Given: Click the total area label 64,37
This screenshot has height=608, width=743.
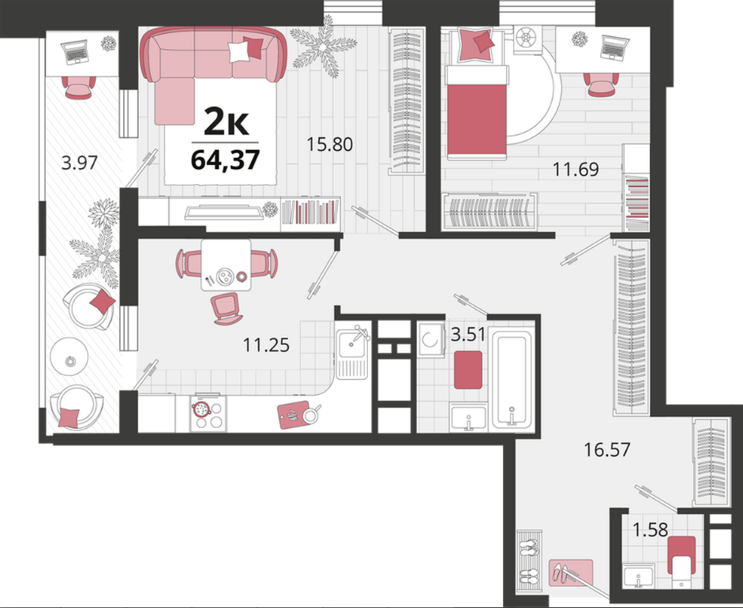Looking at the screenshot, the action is (x=225, y=160).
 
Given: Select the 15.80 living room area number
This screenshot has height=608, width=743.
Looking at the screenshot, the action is (x=330, y=144).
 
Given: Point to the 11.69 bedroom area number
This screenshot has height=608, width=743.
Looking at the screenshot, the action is (x=576, y=169).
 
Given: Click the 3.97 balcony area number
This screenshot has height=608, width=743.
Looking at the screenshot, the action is (x=80, y=163).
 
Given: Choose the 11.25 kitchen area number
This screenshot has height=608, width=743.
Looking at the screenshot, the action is (x=266, y=344).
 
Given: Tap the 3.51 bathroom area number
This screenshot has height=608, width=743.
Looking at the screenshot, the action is (x=468, y=335).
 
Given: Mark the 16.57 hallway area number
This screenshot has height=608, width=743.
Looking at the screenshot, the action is (x=607, y=449).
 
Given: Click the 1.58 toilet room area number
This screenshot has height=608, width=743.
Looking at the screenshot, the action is (x=651, y=529).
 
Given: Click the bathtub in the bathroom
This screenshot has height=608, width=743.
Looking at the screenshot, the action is (x=512, y=379).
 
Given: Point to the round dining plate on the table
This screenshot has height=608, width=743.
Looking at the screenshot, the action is (x=224, y=276).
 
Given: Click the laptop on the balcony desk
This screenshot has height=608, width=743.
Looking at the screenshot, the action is (x=75, y=51).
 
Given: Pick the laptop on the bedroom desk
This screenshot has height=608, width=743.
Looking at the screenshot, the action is (x=614, y=47).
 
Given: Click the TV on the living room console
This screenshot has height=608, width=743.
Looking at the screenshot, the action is (x=223, y=212).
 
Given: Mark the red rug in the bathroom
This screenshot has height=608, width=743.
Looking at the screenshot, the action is (x=468, y=370).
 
